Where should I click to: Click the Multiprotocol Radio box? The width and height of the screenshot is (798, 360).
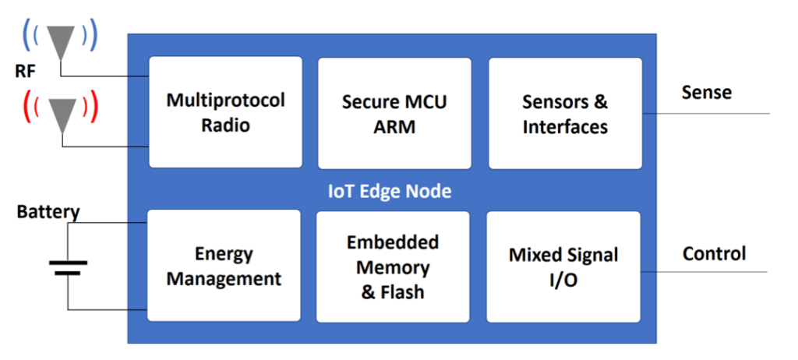click(x=225, y=112)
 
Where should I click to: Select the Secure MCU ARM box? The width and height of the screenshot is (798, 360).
click(x=394, y=112)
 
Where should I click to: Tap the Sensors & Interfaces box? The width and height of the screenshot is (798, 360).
click(x=565, y=112)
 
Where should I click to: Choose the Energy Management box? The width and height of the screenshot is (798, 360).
click(x=224, y=266)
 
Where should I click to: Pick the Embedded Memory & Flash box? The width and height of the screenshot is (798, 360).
click(x=393, y=266)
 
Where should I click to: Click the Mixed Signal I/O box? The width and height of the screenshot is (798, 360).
click(x=563, y=266)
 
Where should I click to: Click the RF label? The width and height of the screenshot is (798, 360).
click(x=26, y=72)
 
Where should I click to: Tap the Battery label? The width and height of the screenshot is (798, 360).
click(x=48, y=211)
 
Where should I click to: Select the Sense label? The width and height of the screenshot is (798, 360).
click(x=706, y=93)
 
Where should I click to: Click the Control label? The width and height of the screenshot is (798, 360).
click(x=714, y=253)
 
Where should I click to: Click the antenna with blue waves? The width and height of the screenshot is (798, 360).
click(x=60, y=38)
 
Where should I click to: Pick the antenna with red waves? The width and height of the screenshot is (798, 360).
click(x=61, y=110)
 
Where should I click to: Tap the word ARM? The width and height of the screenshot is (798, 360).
click(x=394, y=126)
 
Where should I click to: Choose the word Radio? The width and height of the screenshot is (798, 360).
click(x=225, y=125)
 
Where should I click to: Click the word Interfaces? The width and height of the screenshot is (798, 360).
click(x=565, y=126)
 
